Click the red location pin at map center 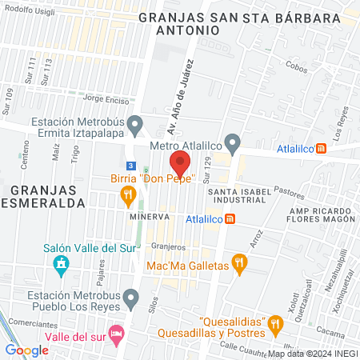tap(180, 163)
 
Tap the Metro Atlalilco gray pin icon tap(233, 144)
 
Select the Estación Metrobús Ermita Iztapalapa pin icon tap(135, 124)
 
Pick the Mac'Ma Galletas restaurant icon tap(238, 263)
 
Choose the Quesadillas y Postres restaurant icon tap(275, 324)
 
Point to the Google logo tap(26, 350)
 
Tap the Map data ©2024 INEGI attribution tap(312, 354)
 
